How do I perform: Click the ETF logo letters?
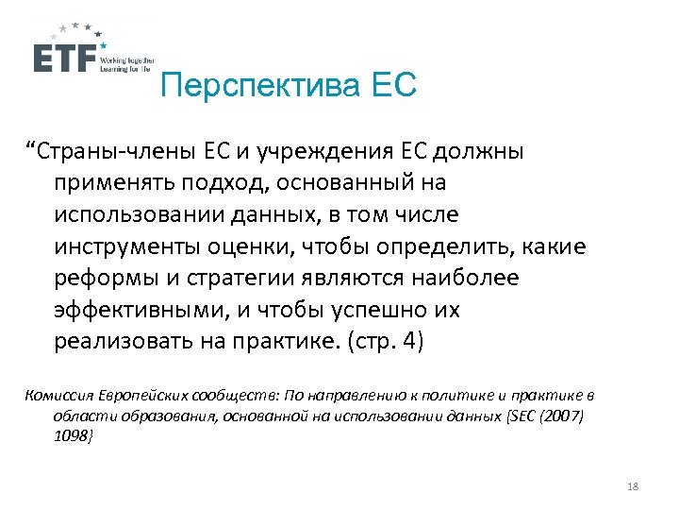[65, 59]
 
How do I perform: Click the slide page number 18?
[632, 485]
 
